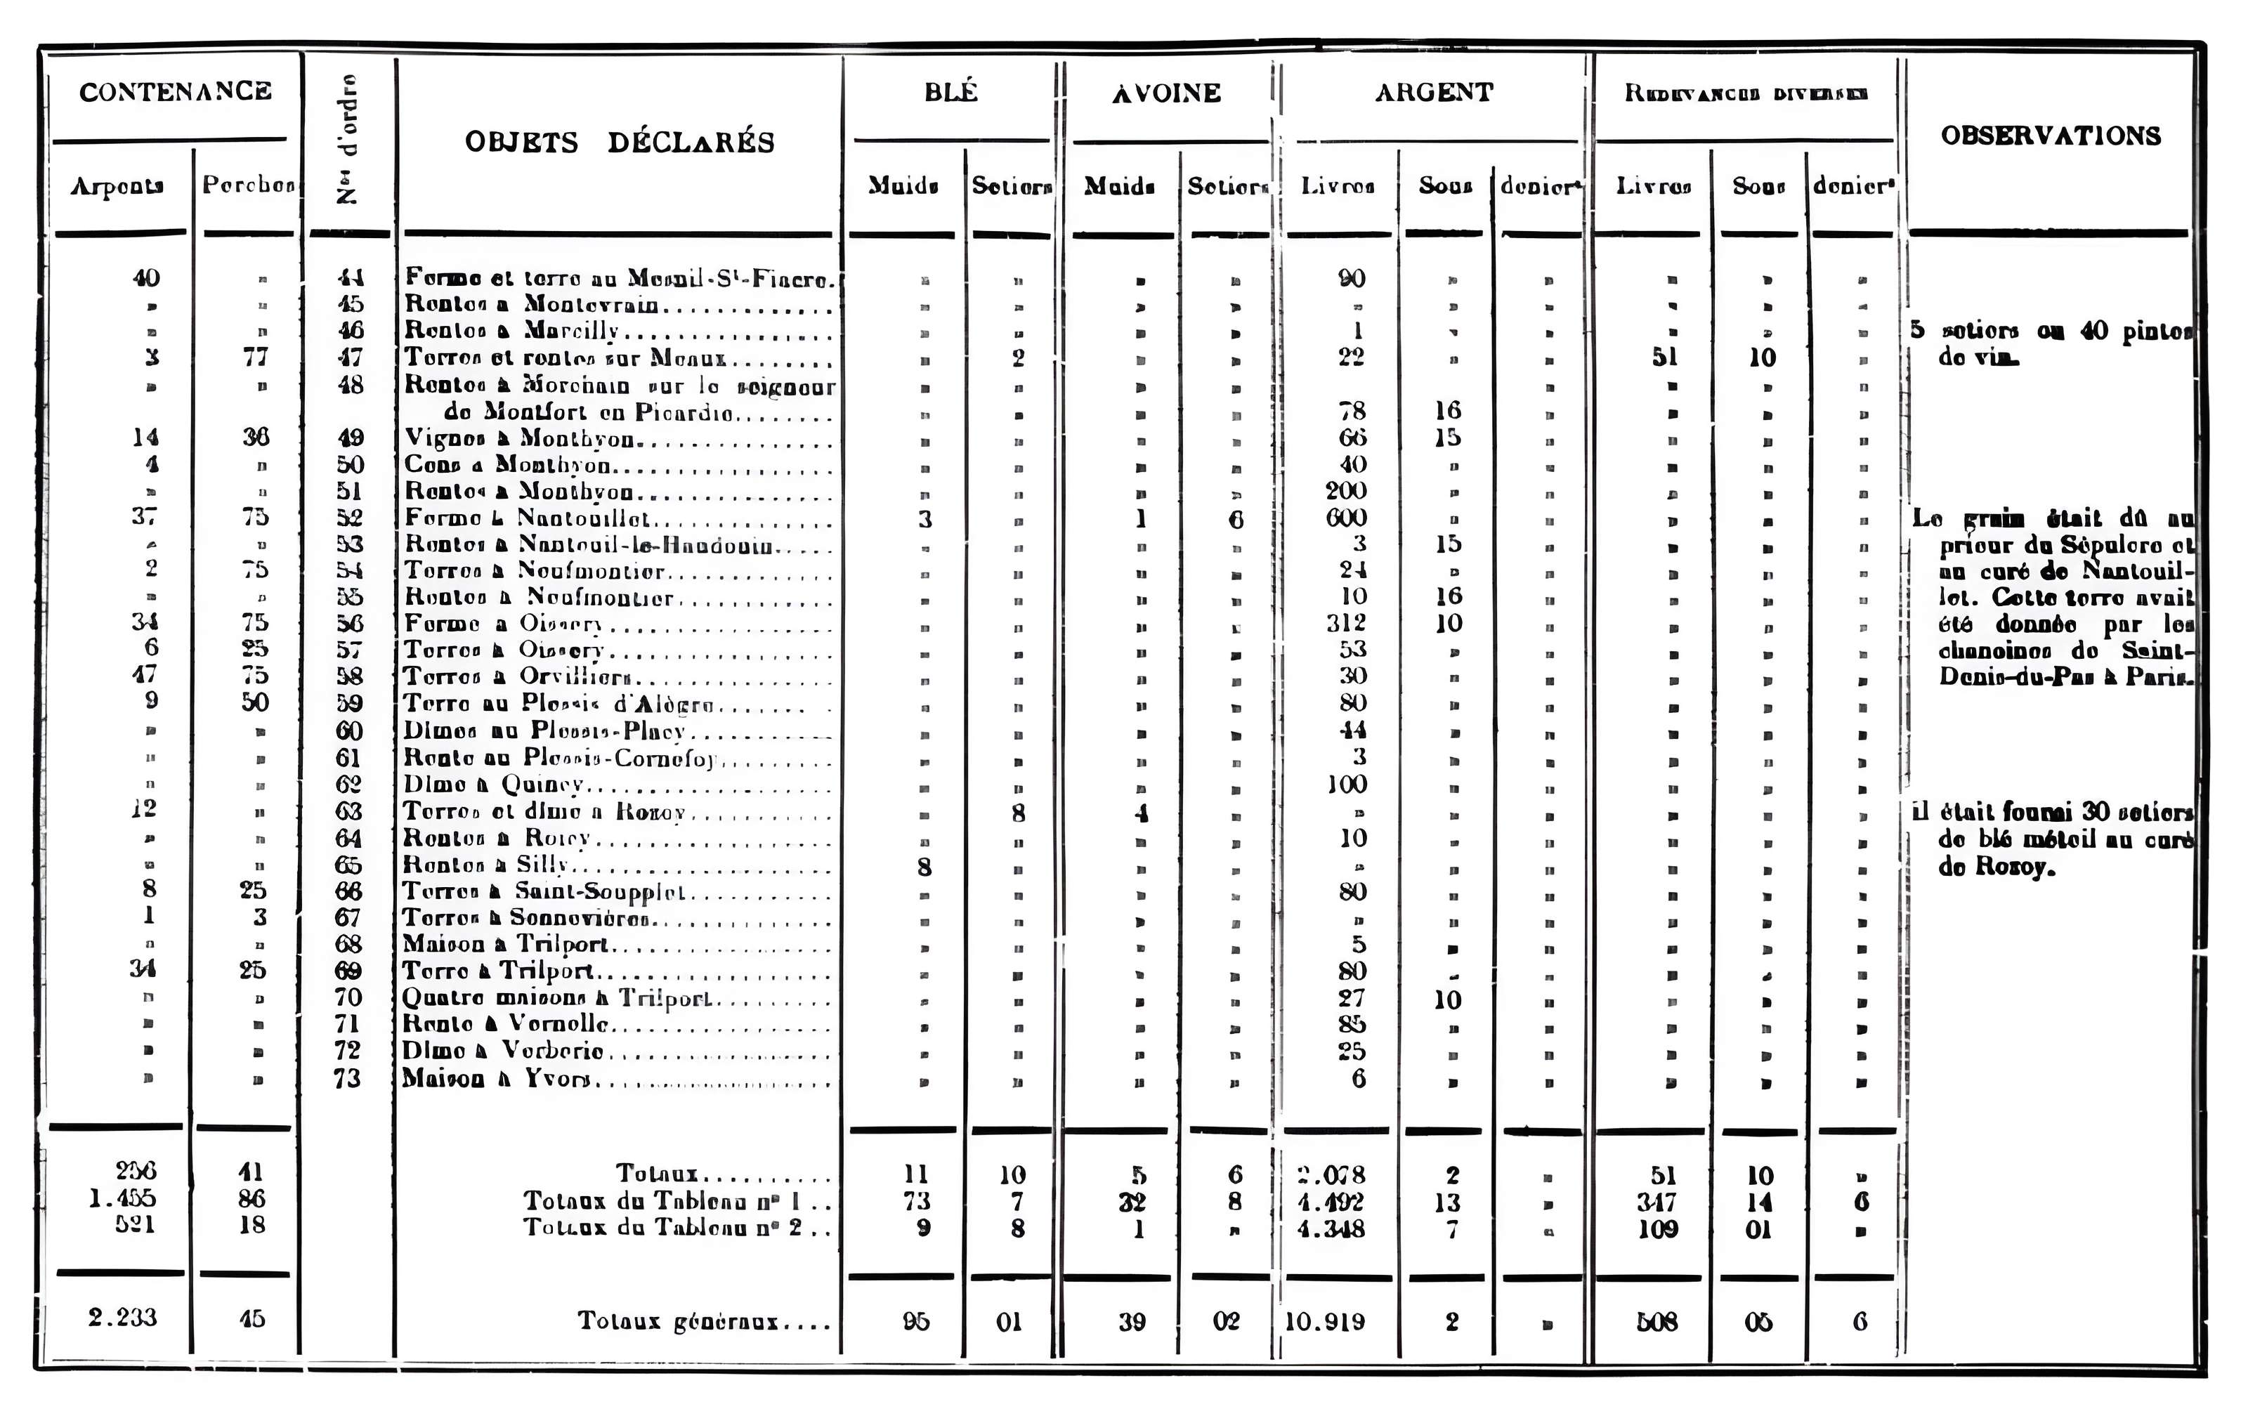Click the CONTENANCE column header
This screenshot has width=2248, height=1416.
[176, 91]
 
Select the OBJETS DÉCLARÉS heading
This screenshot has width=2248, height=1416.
[619, 142]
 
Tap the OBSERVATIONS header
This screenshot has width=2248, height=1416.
[2050, 136]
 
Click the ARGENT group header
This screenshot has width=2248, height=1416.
[1433, 93]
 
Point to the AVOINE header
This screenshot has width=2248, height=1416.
[1166, 93]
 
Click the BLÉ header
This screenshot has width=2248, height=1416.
[950, 93]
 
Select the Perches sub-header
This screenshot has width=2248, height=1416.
[247, 185]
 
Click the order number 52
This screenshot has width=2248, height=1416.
[349, 518]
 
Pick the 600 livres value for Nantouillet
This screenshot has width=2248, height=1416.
[1346, 518]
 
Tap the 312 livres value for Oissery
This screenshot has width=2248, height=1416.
[1346, 622]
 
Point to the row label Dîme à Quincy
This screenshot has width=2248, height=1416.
[493, 784]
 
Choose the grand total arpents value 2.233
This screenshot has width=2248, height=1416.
[122, 1317]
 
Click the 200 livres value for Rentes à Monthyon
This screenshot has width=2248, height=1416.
[1346, 491]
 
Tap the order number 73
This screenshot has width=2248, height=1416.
[347, 1078]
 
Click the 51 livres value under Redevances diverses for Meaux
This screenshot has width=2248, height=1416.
[1664, 358]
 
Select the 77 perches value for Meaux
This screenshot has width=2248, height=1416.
[256, 357]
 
